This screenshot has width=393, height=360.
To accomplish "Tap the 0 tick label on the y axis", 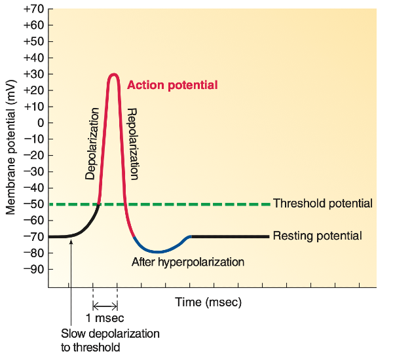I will tap(39, 122).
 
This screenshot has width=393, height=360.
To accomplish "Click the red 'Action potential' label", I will tap(172, 85).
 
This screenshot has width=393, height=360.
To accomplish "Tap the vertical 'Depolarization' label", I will tap(92, 143).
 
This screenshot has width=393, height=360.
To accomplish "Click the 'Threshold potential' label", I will tap(323, 204).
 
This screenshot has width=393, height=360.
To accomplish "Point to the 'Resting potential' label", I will tap(317, 236).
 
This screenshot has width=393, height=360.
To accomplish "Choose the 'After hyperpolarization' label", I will tap(188, 262).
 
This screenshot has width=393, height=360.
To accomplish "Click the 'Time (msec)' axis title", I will tap(208, 302).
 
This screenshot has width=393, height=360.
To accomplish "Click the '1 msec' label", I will tap(105, 319).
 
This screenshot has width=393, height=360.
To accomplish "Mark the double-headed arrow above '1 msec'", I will tap(105, 306).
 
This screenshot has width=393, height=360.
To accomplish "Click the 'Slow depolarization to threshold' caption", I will tap(110, 340).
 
